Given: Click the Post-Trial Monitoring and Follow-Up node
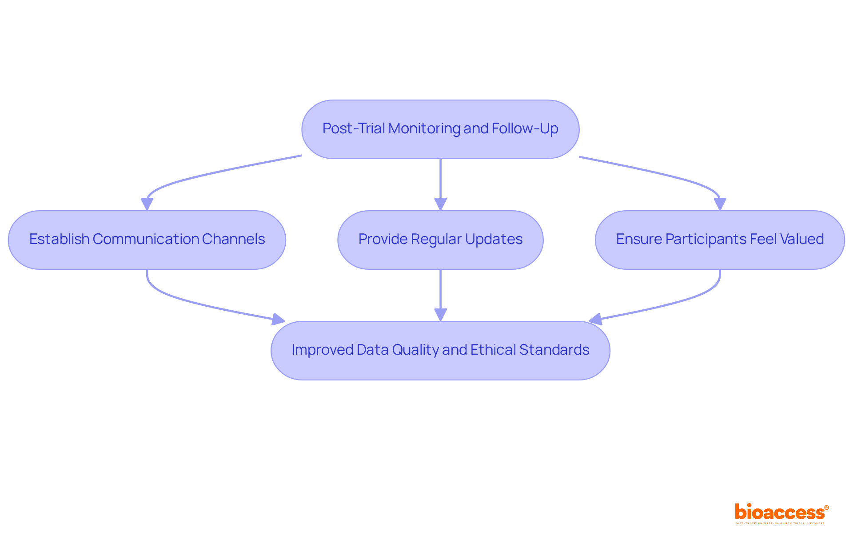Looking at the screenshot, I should tap(440, 129).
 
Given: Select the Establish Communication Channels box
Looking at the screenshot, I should tap(147, 240).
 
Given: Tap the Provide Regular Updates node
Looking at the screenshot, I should tap(440, 240).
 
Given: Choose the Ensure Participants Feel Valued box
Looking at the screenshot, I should tap(719, 240).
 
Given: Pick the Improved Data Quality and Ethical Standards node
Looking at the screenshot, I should tap(440, 350).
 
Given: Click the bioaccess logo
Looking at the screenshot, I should tap(781, 513).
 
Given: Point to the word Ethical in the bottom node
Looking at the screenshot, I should tap(493, 350).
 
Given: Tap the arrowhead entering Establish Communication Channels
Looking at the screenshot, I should tap(147, 204).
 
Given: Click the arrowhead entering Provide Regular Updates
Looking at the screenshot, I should tap(440, 204).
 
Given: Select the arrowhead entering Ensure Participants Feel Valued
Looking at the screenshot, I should tap(720, 204).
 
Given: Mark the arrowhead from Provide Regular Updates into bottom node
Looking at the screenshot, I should tap(440, 315).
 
